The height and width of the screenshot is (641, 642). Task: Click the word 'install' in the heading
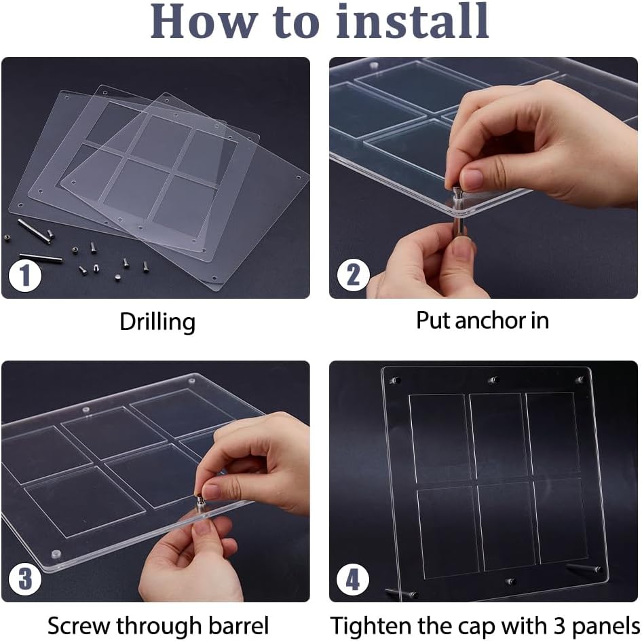pyautogui.click(x=413, y=21)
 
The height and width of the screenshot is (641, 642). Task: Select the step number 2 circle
pyautogui.click(x=354, y=275)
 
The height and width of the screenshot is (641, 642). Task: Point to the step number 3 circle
pyautogui.click(x=25, y=579)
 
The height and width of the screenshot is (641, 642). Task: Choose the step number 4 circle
pyautogui.click(x=353, y=579)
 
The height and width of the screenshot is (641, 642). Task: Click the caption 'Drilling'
pyautogui.click(x=157, y=322)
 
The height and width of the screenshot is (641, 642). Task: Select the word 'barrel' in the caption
pyautogui.click(x=238, y=625)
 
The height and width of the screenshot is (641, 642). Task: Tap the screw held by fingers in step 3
pyautogui.click(x=201, y=503)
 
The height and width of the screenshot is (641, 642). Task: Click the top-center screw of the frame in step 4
pyautogui.click(x=493, y=380)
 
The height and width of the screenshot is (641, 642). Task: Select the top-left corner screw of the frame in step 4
pyautogui.click(x=395, y=380)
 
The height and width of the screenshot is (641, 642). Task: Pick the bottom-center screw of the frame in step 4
pyautogui.click(x=510, y=581)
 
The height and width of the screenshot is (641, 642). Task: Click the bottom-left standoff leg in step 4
pyautogui.click(x=401, y=593)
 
